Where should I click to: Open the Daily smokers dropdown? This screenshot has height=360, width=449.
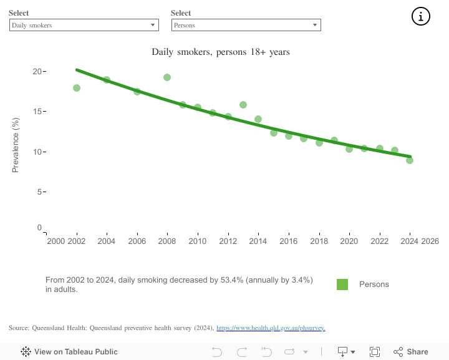point(84,25)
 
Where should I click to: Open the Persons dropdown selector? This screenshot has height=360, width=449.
point(246,25)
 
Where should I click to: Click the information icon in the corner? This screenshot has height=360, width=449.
point(421,17)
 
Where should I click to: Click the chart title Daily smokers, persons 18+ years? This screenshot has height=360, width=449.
point(221,52)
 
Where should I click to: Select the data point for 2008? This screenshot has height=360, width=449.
point(167,77)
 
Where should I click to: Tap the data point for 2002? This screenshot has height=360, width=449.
point(77,88)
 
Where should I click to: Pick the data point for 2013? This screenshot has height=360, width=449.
point(243,105)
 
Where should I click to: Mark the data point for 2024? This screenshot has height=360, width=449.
point(410,160)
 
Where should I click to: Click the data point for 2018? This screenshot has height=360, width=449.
point(319,143)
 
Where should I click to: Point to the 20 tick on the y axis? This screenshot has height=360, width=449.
point(37,71)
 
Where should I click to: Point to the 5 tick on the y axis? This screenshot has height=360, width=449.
point(39,192)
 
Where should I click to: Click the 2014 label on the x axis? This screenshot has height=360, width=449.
point(258,241)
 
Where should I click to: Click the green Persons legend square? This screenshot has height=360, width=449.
point(342,285)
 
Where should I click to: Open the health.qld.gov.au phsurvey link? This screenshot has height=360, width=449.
point(271,328)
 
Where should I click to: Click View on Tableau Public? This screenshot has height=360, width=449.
point(69,352)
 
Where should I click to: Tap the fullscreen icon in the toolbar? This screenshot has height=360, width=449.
point(375,352)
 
